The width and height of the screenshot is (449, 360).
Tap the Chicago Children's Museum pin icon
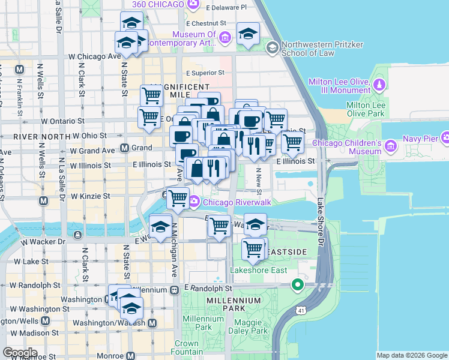(390, 145)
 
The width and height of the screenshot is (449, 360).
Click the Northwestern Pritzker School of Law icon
(272, 47)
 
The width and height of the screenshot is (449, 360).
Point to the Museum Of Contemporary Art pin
(225, 38)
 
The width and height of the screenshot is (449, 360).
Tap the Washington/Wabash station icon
(152, 323)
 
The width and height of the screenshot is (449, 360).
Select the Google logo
(20, 353)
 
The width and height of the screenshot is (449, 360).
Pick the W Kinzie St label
(90, 196)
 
